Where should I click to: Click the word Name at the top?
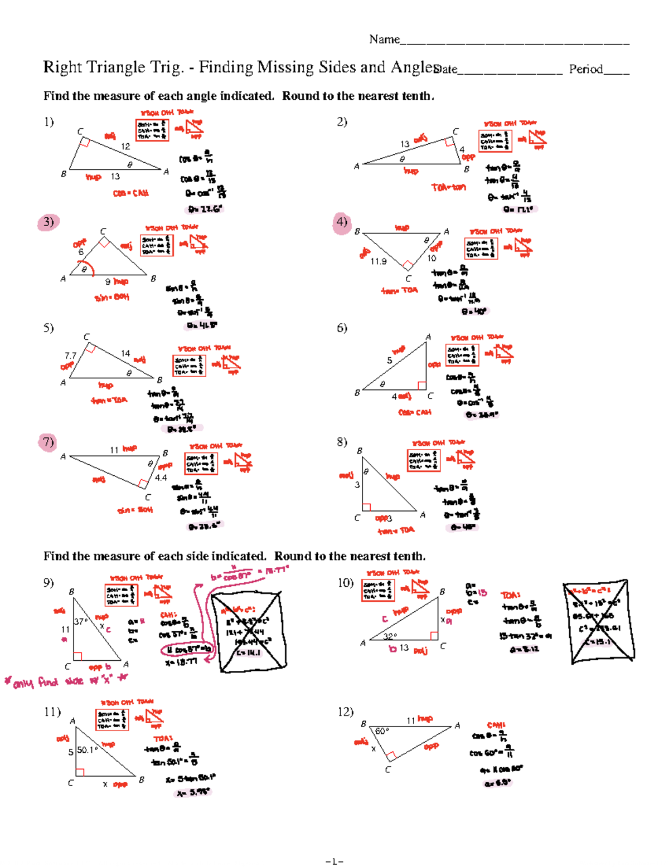tap(384, 39)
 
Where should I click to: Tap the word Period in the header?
tap(586, 69)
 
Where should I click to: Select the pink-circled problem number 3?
tap(49, 222)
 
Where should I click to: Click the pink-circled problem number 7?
tap(49, 442)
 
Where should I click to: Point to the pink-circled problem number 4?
tap(342, 222)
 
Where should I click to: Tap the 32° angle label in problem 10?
tap(390, 636)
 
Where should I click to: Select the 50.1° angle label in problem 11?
tap(87, 750)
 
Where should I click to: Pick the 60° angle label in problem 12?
tap(382, 731)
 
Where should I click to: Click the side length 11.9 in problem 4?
tap(379, 261)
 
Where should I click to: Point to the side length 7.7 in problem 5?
tap(70, 355)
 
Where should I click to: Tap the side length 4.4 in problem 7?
tap(161, 478)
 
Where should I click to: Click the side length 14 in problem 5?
tap(125, 353)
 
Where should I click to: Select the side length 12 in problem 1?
tap(125, 146)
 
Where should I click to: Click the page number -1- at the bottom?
tap(334, 861)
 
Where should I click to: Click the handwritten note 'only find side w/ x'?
tap(66, 681)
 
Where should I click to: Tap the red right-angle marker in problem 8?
tap(366, 507)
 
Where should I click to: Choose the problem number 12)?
tap(345, 712)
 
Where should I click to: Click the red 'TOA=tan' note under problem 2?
tap(448, 187)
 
